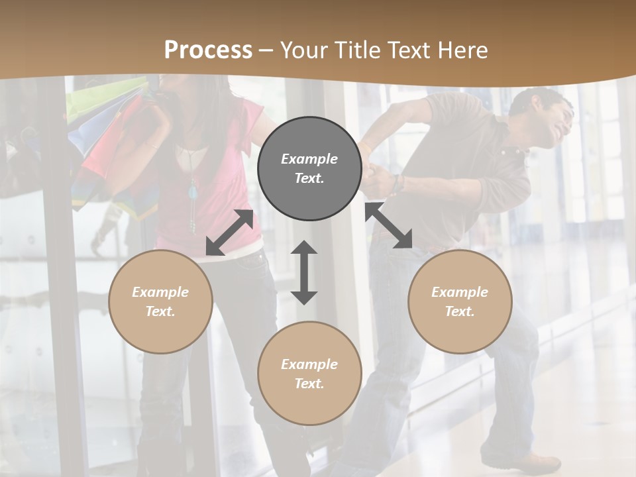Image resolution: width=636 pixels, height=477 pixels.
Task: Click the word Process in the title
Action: coord(208,50)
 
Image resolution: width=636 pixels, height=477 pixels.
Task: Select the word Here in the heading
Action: coord(461,50)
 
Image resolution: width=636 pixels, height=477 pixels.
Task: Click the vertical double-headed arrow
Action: coord(304,272)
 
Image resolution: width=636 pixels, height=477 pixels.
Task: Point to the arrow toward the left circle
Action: coord(229,233)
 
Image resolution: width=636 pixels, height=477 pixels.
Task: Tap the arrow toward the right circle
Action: coord(389,225)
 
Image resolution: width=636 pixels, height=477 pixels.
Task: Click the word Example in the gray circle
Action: coord(309,159)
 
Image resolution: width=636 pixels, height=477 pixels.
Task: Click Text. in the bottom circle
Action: coord(309,384)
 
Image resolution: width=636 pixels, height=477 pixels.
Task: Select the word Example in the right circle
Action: coord(460,292)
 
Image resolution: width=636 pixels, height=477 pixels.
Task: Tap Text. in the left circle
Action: coord(160,311)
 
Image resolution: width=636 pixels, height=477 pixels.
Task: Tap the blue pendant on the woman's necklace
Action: coord(193,193)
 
